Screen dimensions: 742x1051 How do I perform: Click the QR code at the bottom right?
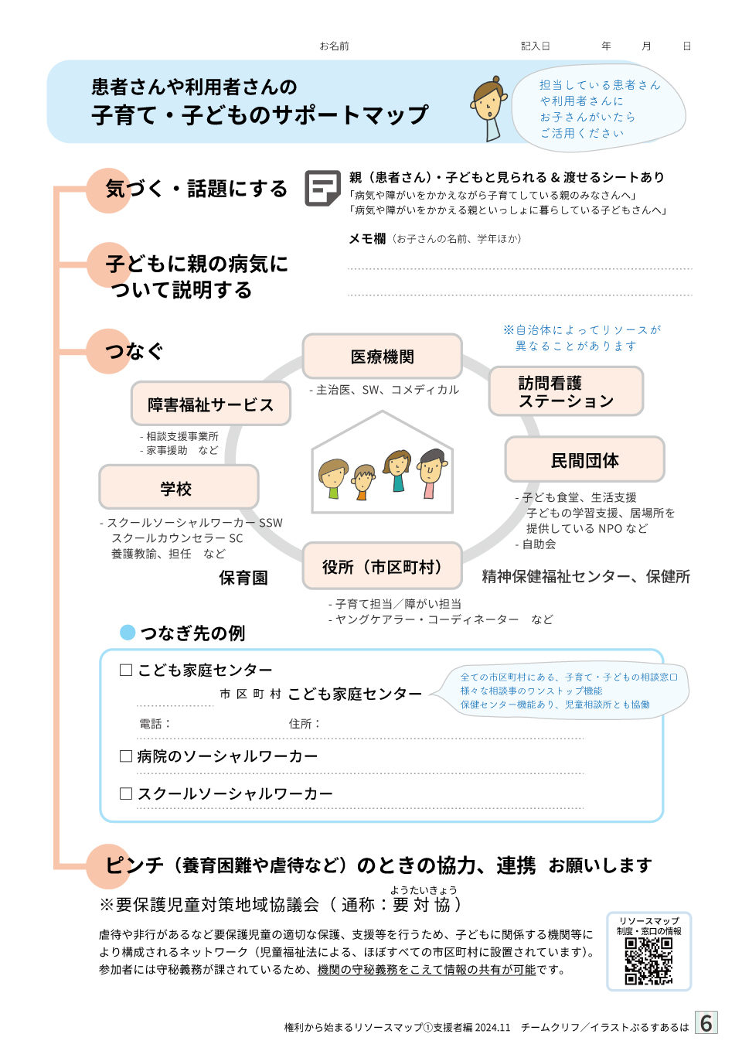[648, 961]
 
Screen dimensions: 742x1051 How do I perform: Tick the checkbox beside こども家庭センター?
[126, 670]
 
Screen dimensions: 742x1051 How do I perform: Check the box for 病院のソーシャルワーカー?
[126, 756]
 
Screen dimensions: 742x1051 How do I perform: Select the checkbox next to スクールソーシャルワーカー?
[126, 793]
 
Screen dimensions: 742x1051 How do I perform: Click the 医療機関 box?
[383, 356]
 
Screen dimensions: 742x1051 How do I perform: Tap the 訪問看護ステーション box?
[566, 391]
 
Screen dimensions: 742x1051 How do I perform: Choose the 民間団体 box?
[584, 459]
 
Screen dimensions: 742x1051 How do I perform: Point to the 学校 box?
[179, 487]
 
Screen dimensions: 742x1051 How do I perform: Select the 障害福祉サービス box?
[210, 404]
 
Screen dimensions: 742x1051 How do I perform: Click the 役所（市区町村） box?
[383, 566]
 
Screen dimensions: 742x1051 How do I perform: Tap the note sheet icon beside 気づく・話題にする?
[322, 188]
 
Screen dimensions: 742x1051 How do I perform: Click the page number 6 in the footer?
[706, 1023]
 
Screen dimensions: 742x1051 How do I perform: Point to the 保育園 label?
[243, 578]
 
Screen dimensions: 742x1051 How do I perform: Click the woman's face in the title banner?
[488, 100]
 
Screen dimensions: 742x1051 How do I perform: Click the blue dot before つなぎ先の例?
[128, 633]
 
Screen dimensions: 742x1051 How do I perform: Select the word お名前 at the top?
[334, 46]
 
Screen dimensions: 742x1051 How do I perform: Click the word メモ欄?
[367, 239]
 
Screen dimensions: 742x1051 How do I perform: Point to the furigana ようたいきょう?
[423, 889]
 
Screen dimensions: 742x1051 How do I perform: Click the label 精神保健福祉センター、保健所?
[586, 577]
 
